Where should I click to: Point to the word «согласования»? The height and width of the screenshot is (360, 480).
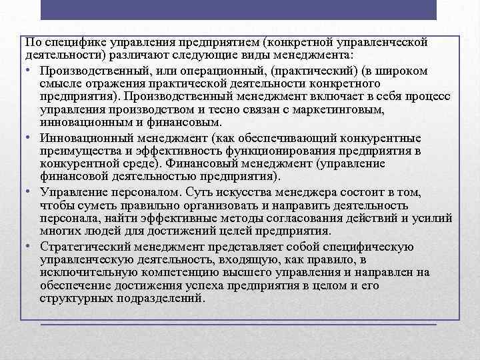click(309, 218)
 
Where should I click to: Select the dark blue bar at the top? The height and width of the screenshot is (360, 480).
click(239, 9)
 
